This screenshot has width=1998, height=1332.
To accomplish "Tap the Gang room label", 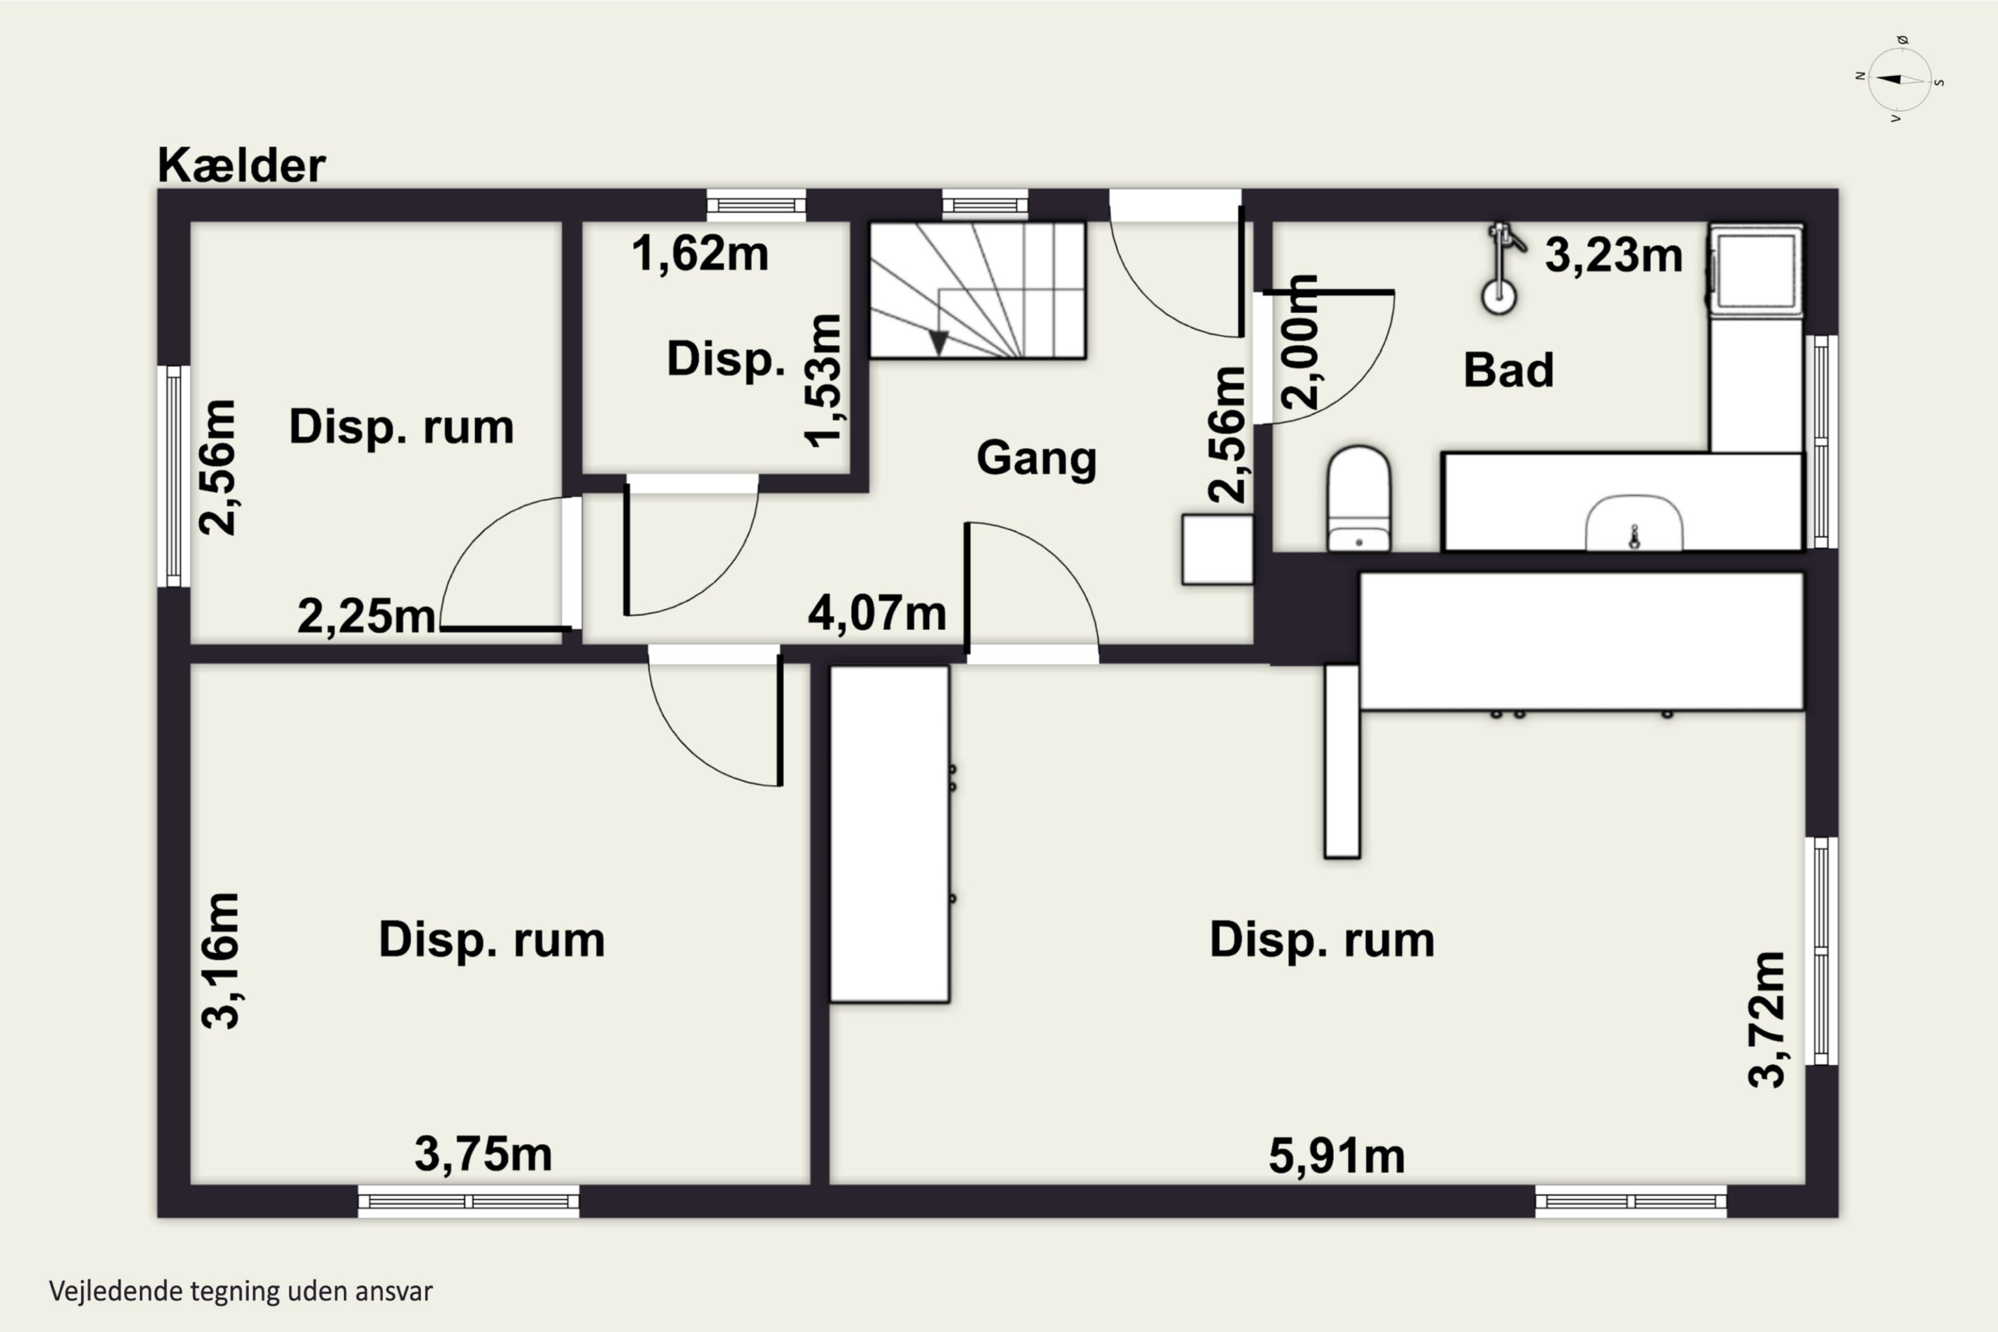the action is (x=1036, y=459).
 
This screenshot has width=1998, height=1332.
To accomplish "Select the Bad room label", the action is (x=1508, y=370).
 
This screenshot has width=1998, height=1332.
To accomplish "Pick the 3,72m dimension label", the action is (x=1767, y=1020).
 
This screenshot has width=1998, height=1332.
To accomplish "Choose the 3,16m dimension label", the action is (x=221, y=961).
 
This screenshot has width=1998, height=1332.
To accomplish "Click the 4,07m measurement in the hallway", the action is (x=876, y=613).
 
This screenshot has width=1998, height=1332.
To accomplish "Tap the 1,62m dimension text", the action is (x=700, y=253).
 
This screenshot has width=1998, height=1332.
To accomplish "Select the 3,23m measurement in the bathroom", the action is (x=1613, y=255).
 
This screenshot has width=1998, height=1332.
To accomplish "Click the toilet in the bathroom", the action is (x=1359, y=499).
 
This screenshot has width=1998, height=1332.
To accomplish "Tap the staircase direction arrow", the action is (x=938, y=342).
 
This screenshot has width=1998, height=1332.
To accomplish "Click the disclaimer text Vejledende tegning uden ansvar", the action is (x=241, y=1291).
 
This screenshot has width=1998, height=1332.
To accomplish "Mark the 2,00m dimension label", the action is (x=1301, y=342).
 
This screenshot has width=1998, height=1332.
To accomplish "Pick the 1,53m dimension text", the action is (x=823, y=380).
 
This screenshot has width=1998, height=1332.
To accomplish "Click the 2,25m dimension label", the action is (x=366, y=616).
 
